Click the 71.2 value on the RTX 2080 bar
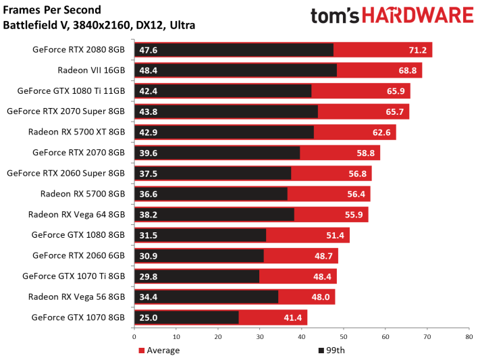click(417, 50)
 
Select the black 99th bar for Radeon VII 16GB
click(236, 70)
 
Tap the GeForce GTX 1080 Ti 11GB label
click(71, 91)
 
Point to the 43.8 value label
click(148, 111)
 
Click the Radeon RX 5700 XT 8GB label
click(76, 132)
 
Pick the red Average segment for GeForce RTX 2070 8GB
click(340, 153)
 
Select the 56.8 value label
click(358, 174)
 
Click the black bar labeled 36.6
click(211, 194)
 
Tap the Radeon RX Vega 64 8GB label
click(76, 215)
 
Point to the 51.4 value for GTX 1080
click(336, 235)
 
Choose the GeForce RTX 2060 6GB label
click(79, 255)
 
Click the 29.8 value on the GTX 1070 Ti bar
click(148, 276)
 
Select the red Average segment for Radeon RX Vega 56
click(306, 297)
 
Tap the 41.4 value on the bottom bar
click(292, 317)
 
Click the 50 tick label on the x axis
click(344, 337)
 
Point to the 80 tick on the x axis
click(469, 337)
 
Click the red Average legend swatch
click(141, 351)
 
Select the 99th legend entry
click(331, 350)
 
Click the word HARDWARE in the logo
click(418, 16)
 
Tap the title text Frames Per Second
click(52, 10)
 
